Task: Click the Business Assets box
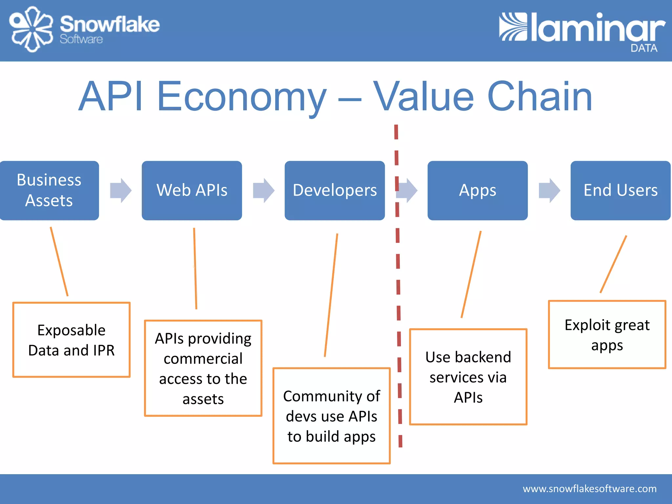pos(49,190)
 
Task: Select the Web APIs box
pos(192,190)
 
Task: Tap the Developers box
pos(335,190)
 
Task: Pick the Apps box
pos(477,190)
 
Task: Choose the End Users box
pos(620,190)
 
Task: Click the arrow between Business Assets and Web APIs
pos(121,190)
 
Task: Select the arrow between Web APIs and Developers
pos(263,190)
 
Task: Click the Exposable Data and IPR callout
pos(72,340)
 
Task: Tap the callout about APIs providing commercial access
pos(203,368)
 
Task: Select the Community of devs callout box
pos(331,416)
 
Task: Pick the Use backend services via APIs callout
pos(468,377)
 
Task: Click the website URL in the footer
pos(590,489)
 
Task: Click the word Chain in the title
pos(540,96)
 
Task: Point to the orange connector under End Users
pos(613,264)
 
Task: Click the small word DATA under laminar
pos(644,48)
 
